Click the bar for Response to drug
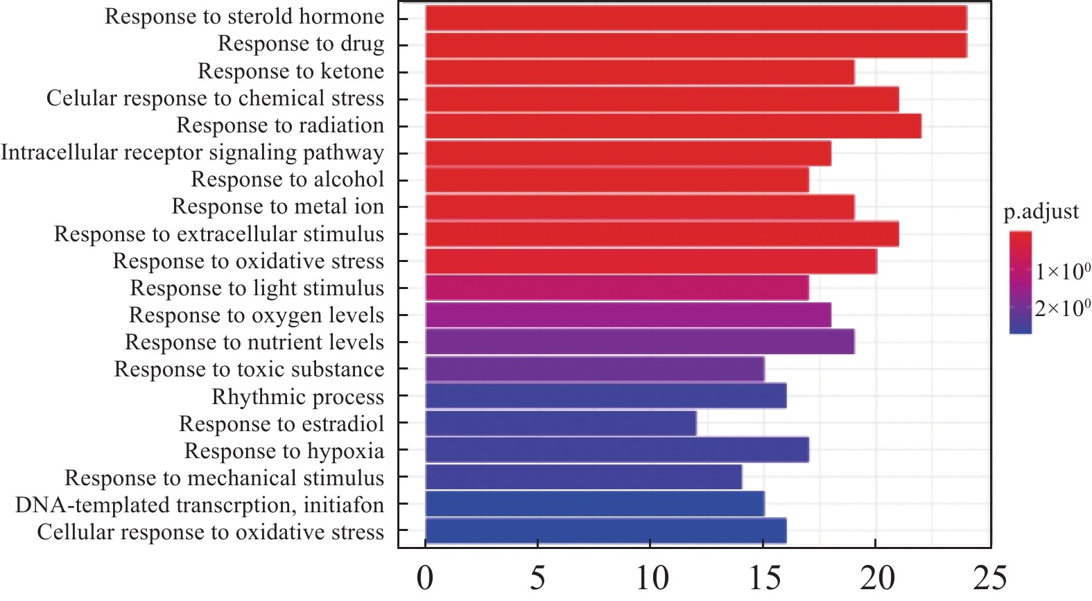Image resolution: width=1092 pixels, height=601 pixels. tap(695, 45)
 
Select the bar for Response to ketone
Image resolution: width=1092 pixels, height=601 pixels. tap(639, 72)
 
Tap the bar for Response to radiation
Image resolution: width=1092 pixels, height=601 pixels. tap(673, 126)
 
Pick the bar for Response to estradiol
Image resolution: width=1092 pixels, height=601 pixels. tap(560, 424)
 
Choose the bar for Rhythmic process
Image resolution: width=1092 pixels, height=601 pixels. tap(605, 397)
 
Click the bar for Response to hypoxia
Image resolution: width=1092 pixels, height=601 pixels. tap(616, 451)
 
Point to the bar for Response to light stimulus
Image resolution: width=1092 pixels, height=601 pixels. tap(616, 288)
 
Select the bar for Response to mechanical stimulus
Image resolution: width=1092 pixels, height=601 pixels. tap(583, 478)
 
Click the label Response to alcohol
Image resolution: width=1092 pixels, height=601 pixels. tap(287, 180)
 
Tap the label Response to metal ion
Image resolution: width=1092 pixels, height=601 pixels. tap(277, 207)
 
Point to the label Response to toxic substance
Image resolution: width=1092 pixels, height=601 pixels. tap(249, 369)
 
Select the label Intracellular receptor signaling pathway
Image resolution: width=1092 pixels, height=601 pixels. tap(192, 153)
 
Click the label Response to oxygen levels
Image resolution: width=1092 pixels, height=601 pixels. tap(256, 315)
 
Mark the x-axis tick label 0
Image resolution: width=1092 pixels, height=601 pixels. tap(425, 578)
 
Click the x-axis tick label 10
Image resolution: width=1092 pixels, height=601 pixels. tap(650, 578)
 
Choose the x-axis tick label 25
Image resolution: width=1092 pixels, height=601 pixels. tap(989, 578)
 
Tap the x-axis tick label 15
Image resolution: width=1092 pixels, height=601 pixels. tap(763, 578)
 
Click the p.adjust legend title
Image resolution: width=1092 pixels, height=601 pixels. tap(1041, 211)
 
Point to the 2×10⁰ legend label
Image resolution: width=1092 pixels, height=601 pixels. tap(1062, 308)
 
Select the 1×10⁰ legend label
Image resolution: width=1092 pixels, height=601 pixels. tap(1062, 271)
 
